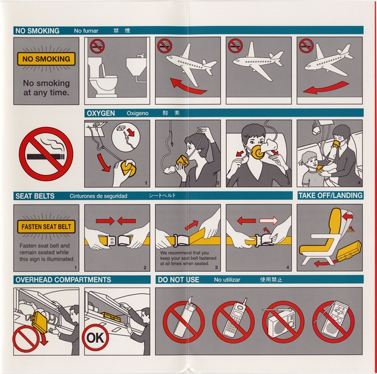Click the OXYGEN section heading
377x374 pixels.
tap(100, 113)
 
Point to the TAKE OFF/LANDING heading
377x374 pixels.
tap(330, 196)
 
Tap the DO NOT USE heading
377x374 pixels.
tap(179, 280)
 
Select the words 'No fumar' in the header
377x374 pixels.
tap(86, 31)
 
